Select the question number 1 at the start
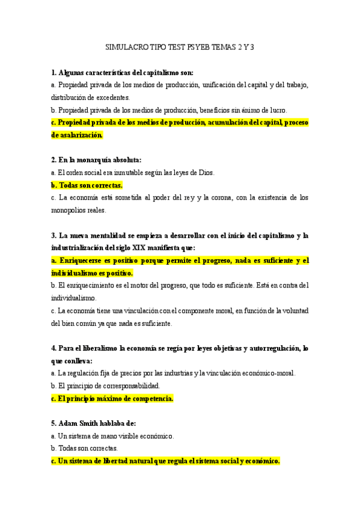(x=53, y=73)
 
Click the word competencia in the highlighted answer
(x=148, y=398)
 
